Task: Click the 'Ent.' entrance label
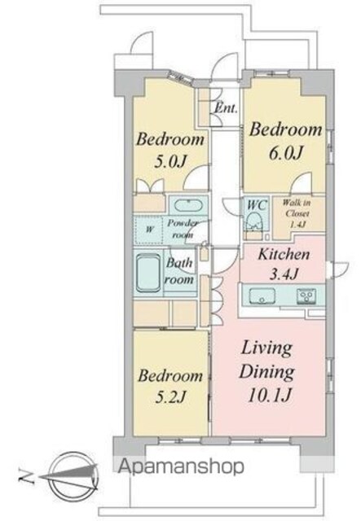(x=227, y=107)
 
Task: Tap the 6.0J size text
(x=286, y=153)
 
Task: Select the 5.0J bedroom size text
(x=169, y=161)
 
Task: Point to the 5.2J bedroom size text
(x=170, y=396)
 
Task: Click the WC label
(x=257, y=205)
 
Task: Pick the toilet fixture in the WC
(x=254, y=222)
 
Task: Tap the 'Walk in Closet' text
(x=296, y=213)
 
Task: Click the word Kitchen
(x=284, y=255)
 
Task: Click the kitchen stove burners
(x=306, y=296)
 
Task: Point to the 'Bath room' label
(x=179, y=270)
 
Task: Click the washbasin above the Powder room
(x=188, y=205)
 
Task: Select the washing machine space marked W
(x=149, y=230)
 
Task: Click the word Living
(x=266, y=349)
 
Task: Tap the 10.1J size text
(x=270, y=395)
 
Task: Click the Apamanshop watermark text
(x=182, y=466)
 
